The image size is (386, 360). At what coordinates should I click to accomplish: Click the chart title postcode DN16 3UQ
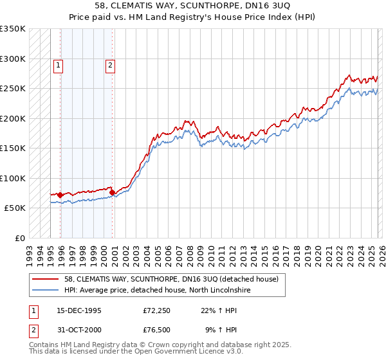(x=271, y=5)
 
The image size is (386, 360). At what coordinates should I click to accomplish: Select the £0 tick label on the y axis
(x=19, y=238)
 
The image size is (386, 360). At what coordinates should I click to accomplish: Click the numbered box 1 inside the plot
(x=58, y=64)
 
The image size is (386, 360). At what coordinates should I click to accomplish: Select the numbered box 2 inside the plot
(x=110, y=64)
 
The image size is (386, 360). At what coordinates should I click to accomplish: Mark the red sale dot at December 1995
(x=60, y=195)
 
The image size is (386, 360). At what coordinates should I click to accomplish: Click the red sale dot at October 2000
(x=112, y=192)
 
